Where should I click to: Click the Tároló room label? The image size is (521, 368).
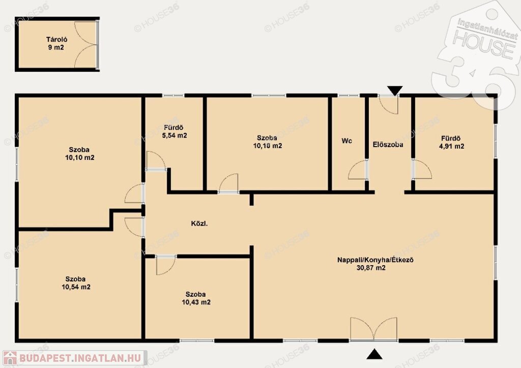(56, 40)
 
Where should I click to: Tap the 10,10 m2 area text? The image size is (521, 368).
(80, 158)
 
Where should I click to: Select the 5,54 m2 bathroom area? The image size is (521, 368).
(174, 135)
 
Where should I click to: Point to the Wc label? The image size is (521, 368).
(346, 141)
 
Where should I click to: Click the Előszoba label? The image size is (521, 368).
(388, 145)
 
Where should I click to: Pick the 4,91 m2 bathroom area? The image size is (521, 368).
(452, 146)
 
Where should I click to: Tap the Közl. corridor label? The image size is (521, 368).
(199, 224)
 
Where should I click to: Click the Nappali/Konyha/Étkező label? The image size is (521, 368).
(375, 260)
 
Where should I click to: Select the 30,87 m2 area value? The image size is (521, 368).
(371, 268)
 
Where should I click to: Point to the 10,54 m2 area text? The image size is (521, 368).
(76, 287)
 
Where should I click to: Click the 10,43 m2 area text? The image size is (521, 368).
(196, 302)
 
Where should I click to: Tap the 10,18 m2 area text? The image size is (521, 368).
(268, 146)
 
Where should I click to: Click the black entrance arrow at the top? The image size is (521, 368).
(395, 90)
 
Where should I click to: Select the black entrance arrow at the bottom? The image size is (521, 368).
(374, 354)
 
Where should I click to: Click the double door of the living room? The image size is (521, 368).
(374, 329)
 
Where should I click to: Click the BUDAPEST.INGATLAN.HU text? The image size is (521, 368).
(80, 358)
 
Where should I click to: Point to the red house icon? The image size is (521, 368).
(10, 358)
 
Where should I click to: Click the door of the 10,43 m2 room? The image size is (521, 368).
(165, 265)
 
